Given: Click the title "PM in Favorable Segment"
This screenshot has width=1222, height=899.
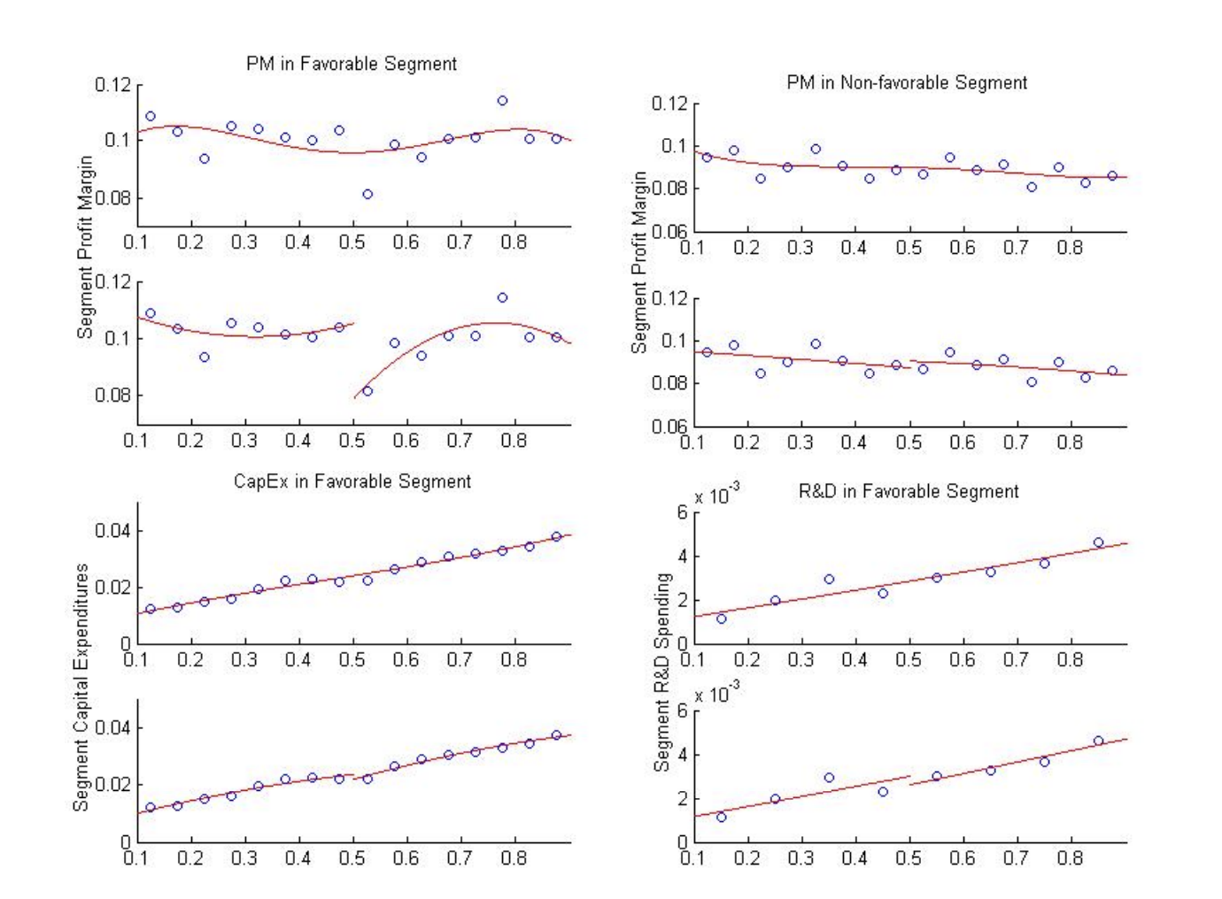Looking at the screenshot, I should tap(352, 64).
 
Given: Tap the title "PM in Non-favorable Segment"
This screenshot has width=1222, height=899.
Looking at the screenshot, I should tap(907, 83).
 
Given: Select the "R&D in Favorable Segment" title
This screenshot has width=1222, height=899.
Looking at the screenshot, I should tap(909, 492).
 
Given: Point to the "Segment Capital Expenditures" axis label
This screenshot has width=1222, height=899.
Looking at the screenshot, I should tap(81, 687).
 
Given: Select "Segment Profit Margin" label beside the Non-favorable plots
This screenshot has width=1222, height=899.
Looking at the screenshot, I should tap(638, 263).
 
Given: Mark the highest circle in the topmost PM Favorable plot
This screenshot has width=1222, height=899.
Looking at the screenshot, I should tap(502, 101).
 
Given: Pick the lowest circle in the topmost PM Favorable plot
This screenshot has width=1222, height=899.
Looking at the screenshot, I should tap(367, 195).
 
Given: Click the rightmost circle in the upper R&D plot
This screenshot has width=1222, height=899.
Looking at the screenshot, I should tap(1099, 542).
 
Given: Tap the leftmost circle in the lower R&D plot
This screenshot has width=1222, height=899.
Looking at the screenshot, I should tap(722, 817).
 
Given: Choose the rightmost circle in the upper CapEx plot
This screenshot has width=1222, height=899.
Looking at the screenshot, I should tap(556, 536).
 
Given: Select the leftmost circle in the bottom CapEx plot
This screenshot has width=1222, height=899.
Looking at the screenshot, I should tap(151, 807).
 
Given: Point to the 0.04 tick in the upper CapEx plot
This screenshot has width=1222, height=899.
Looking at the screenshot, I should tap(112, 531).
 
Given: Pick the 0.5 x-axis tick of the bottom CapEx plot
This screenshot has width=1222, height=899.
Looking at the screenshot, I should tap(352, 857).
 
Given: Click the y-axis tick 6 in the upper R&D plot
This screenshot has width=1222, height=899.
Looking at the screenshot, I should tap(682, 512).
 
